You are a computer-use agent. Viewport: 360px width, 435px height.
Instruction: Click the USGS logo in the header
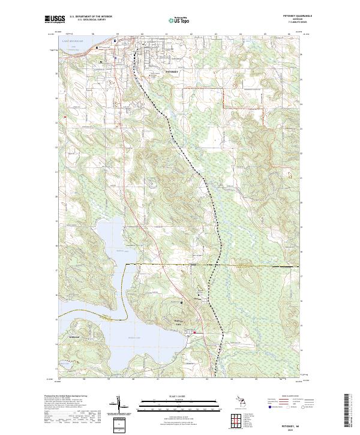(x=53, y=20)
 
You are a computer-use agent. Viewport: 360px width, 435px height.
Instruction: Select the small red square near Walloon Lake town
(x=195, y=333)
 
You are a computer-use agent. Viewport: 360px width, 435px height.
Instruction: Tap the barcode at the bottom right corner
(x=346, y=414)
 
